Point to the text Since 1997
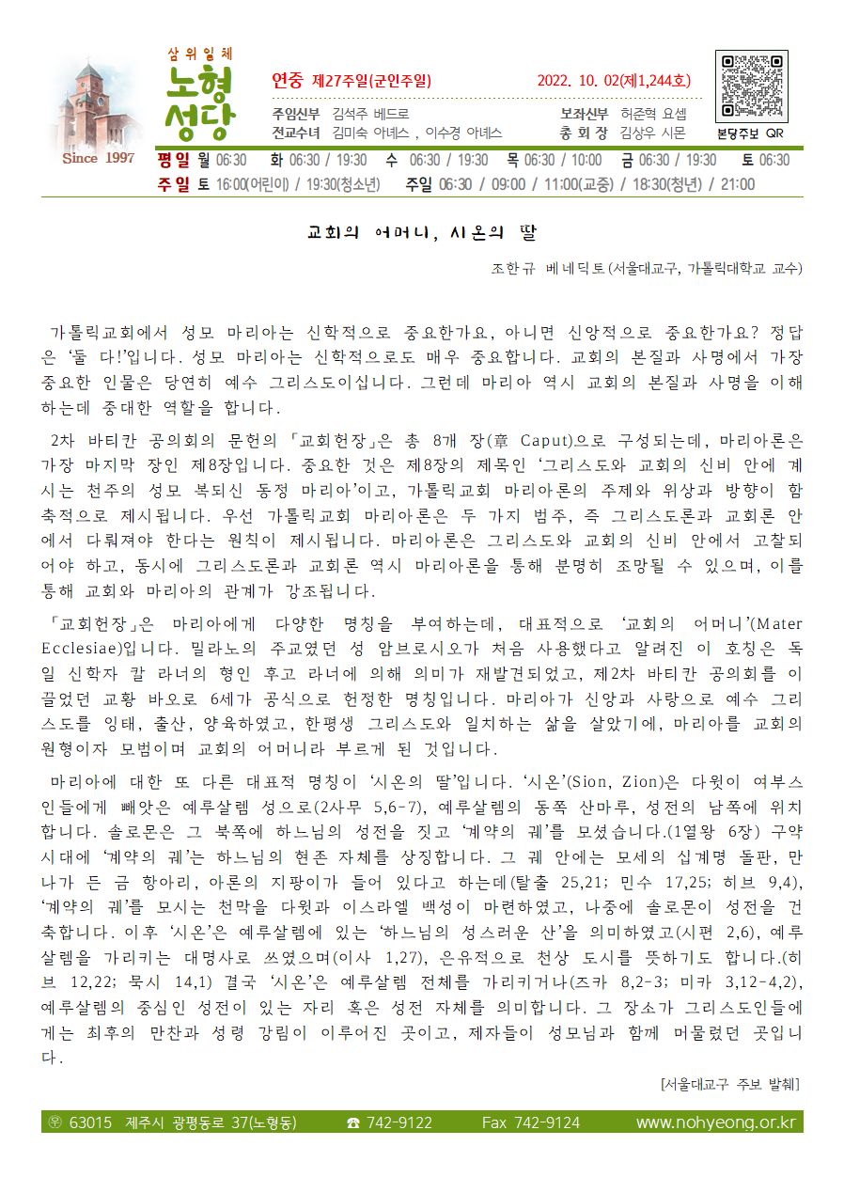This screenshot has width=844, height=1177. tap(98, 158)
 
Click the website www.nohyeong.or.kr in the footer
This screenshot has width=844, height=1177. tap(715, 1122)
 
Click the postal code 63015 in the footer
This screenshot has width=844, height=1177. tap(90, 1122)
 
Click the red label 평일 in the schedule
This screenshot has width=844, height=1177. tap(174, 161)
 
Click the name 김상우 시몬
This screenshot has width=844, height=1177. tap(652, 133)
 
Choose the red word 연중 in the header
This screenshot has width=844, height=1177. tap(287, 81)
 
